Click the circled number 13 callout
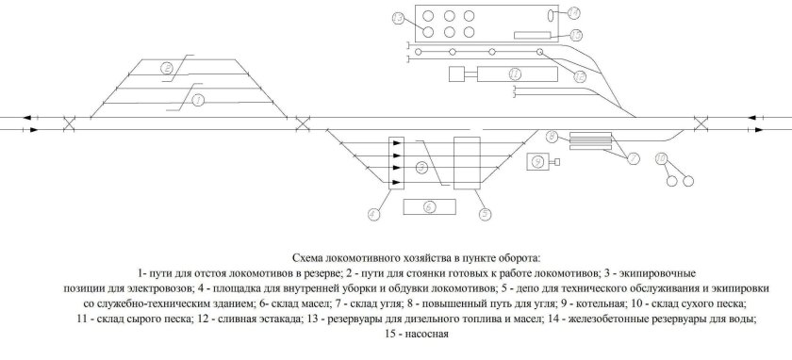(398, 19)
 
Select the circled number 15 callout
(575, 35)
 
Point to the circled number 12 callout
(581, 74)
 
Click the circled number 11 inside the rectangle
(515, 73)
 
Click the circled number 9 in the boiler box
(537, 161)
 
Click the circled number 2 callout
(166, 67)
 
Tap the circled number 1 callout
(198, 99)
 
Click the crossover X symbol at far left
(69, 123)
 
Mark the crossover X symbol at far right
(701, 123)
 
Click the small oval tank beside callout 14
(552, 15)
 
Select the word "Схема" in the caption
(310, 256)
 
